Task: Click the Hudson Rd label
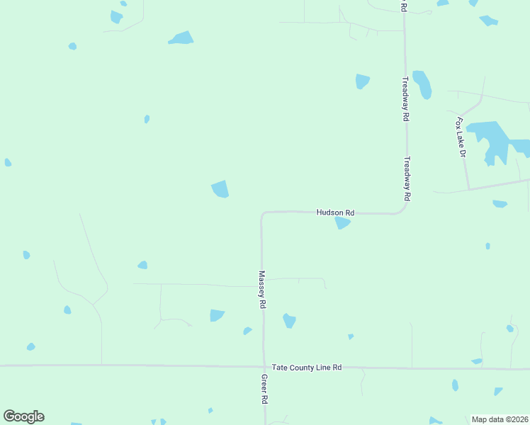(335, 212)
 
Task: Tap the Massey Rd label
(262, 289)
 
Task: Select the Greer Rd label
(264, 390)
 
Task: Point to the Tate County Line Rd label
(307, 368)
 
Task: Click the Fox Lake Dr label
(461, 137)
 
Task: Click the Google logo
(23, 416)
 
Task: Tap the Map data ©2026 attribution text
(500, 419)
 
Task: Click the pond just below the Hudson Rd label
(343, 223)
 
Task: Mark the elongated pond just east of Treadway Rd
(422, 84)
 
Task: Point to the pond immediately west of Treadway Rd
(362, 81)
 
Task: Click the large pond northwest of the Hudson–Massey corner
(220, 189)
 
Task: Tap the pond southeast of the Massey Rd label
(289, 320)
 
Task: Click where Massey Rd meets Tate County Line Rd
(263, 366)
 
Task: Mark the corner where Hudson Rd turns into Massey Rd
(262, 213)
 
